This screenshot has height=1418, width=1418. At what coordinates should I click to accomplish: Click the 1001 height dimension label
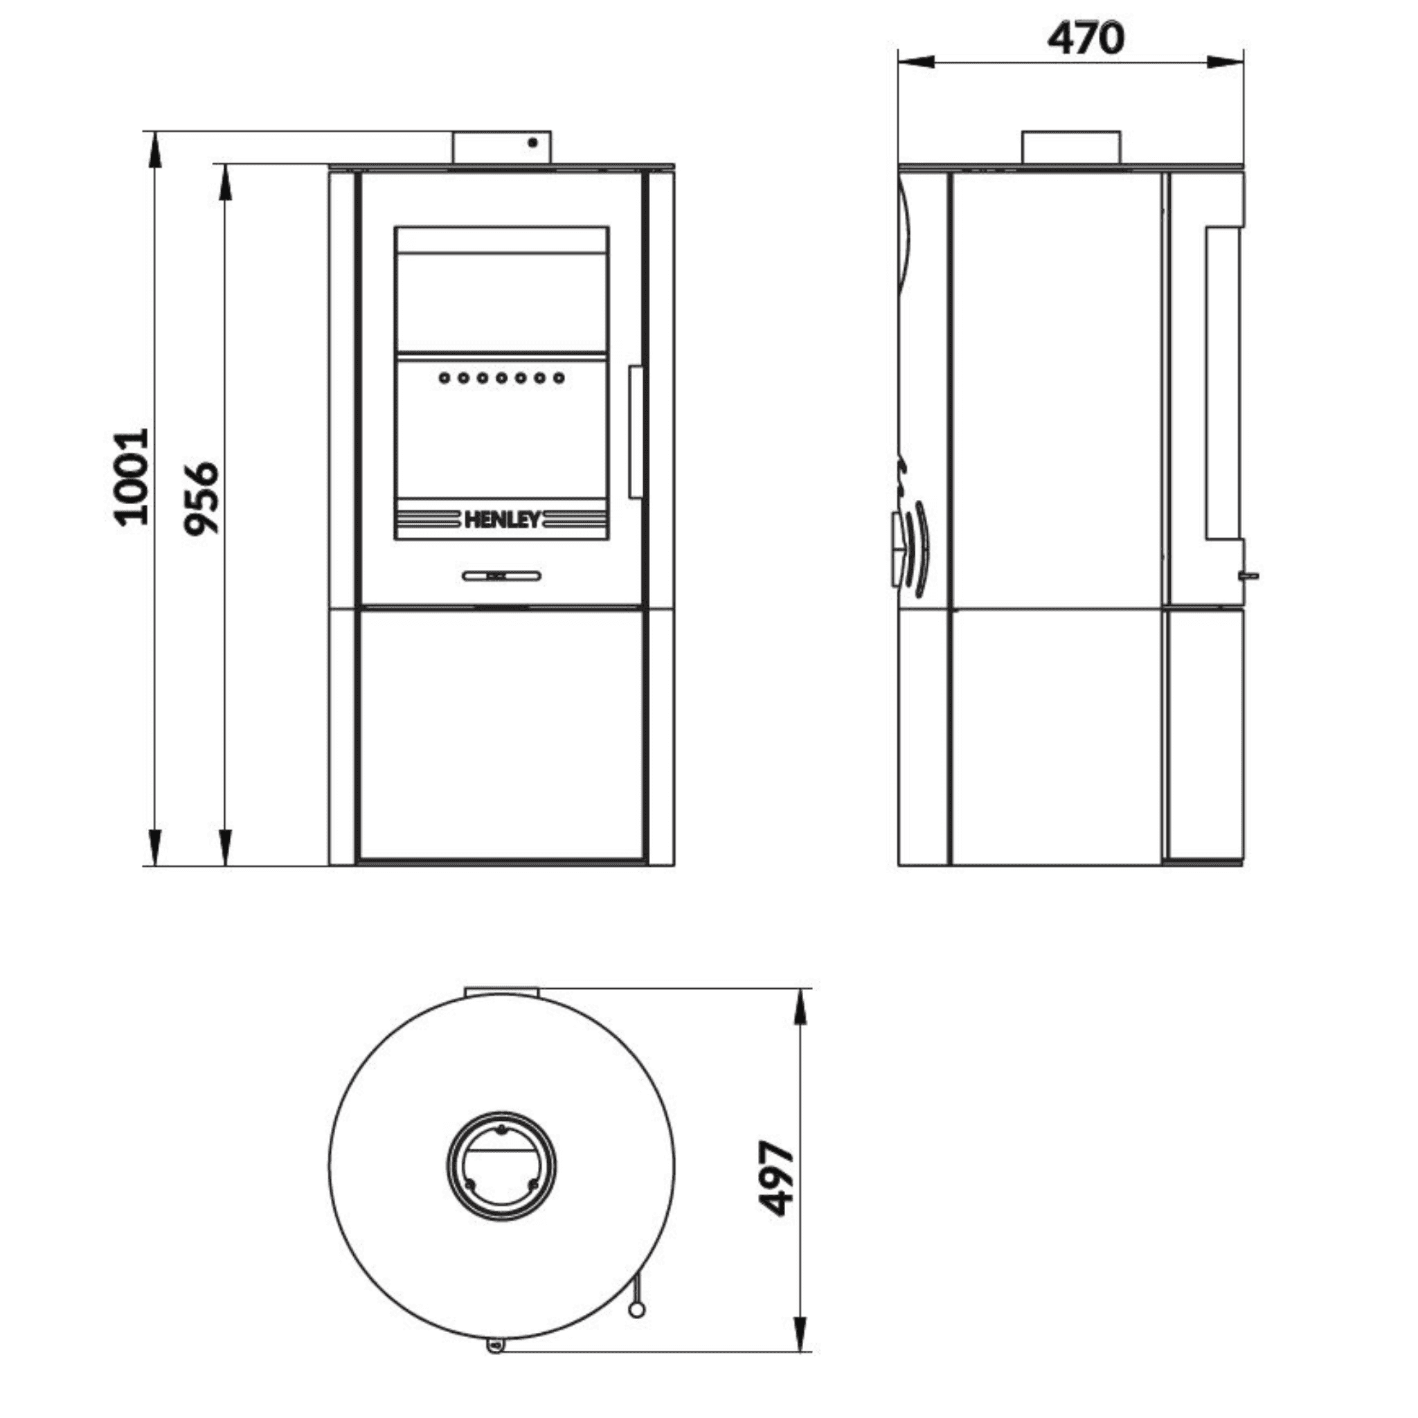(x=132, y=478)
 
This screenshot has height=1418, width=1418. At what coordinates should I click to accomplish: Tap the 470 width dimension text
(x=1086, y=38)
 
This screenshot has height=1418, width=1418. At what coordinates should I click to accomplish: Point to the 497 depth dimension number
(x=775, y=1178)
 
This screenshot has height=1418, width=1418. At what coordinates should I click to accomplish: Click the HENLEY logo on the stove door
(x=502, y=521)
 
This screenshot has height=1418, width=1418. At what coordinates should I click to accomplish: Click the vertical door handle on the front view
(x=635, y=433)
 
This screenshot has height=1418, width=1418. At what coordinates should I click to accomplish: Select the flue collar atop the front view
(x=502, y=147)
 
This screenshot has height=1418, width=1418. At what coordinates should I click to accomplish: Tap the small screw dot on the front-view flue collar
(x=534, y=143)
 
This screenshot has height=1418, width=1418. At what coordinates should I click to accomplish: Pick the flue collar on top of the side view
(x=1073, y=147)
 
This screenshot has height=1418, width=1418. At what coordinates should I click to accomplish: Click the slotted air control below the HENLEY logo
(x=502, y=575)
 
